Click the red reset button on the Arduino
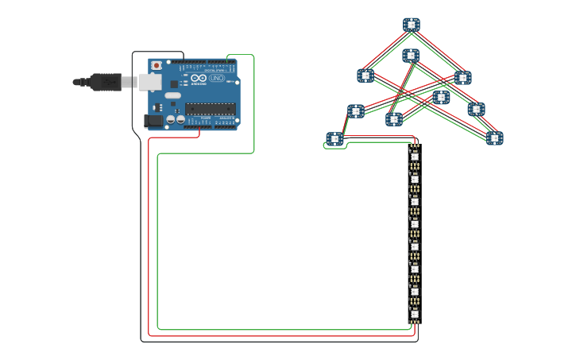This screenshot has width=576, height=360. coord(157,65)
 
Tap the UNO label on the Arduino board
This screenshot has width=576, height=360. coord(217,78)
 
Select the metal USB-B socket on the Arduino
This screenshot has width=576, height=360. coord(149,81)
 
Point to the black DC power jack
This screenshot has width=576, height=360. coord(153,121)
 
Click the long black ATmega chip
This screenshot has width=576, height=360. coord(211,108)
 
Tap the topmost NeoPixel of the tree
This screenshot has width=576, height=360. coord(411,25)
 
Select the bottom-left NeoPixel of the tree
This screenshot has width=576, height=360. coord(335,139)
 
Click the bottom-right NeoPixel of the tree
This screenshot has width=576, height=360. coord(495,138)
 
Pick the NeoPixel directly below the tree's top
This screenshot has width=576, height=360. coord(411,56)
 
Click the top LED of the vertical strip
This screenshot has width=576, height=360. coord(415,157)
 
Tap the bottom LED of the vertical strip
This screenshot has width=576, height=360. coord(415,314)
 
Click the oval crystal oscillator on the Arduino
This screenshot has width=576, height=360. coord(173,95)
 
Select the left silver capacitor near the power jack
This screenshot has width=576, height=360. coord(170,119)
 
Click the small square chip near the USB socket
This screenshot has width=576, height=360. coord(174,83)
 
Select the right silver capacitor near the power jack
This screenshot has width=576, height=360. coord(180,119)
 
